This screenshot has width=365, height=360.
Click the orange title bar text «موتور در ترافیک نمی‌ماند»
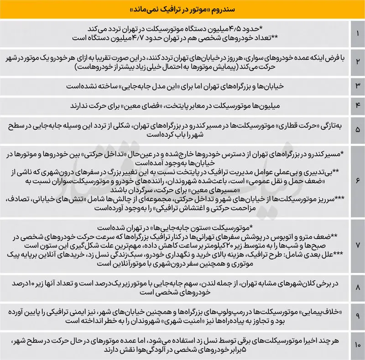tap(182, 9)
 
